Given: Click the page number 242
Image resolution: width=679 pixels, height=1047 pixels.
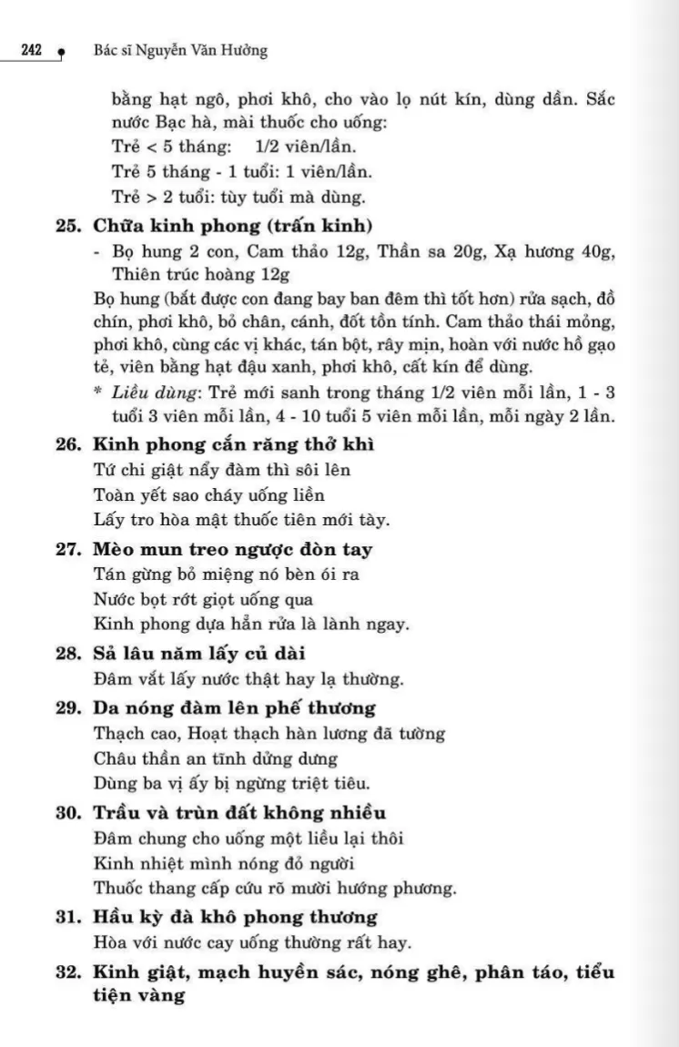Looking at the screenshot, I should [x=35, y=51].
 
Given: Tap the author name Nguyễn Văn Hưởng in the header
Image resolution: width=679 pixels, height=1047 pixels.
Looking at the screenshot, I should [x=202, y=51].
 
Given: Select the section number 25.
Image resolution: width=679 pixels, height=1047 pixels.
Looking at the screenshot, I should [x=70, y=226].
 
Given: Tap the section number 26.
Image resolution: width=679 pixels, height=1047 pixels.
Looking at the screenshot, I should [x=70, y=445].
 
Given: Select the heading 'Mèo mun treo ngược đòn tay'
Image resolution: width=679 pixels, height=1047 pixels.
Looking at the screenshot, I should [x=233, y=549].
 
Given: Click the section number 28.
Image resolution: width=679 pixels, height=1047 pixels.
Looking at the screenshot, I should [x=70, y=654].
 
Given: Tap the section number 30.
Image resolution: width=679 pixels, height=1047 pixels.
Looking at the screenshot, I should [x=70, y=812].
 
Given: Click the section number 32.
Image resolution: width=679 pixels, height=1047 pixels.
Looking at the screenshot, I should [x=70, y=972].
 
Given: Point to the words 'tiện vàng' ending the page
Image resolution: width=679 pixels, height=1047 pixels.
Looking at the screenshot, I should [x=139, y=996].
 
